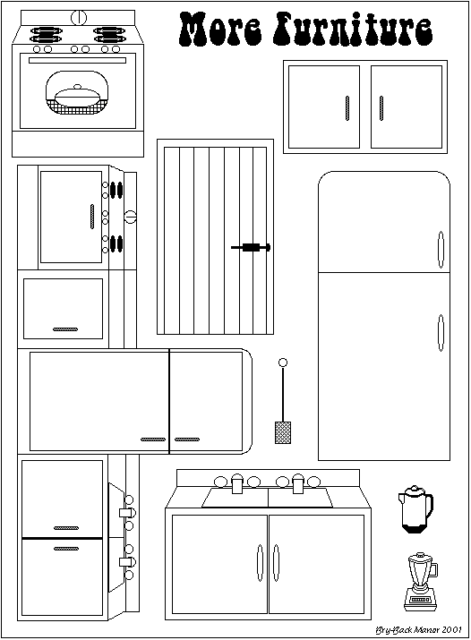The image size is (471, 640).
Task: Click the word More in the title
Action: click(x=220, y=30)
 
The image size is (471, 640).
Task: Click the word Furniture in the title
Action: click(x=353, y=30)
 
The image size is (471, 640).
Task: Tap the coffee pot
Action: click(x=415, y=509)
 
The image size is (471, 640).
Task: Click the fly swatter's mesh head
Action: click(x=283, y=432)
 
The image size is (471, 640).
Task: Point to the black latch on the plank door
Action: click(x=251, y=247)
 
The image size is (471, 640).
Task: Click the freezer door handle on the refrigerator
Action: click(x=441, y=250)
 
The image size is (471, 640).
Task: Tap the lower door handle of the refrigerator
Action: click(x=441, y=333)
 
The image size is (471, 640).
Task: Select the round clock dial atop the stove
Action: click(x=79, y=18)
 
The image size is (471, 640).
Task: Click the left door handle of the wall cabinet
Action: click(x=347, y=108)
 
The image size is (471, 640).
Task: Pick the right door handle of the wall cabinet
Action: click(x=381, y=108)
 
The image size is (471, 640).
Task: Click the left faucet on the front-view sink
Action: click(x=237, y=483)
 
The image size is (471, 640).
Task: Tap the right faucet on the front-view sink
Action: click(x=298, y=483)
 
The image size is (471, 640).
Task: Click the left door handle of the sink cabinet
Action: click(x=260, y=563)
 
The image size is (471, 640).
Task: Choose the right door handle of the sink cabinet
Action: click(x=276, y=563)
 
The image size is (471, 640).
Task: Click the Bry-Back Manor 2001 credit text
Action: click(x=418, y=630)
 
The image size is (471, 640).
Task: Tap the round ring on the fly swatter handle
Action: click(x=282, y=363)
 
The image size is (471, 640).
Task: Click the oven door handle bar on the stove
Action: click(x=78, y=60)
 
